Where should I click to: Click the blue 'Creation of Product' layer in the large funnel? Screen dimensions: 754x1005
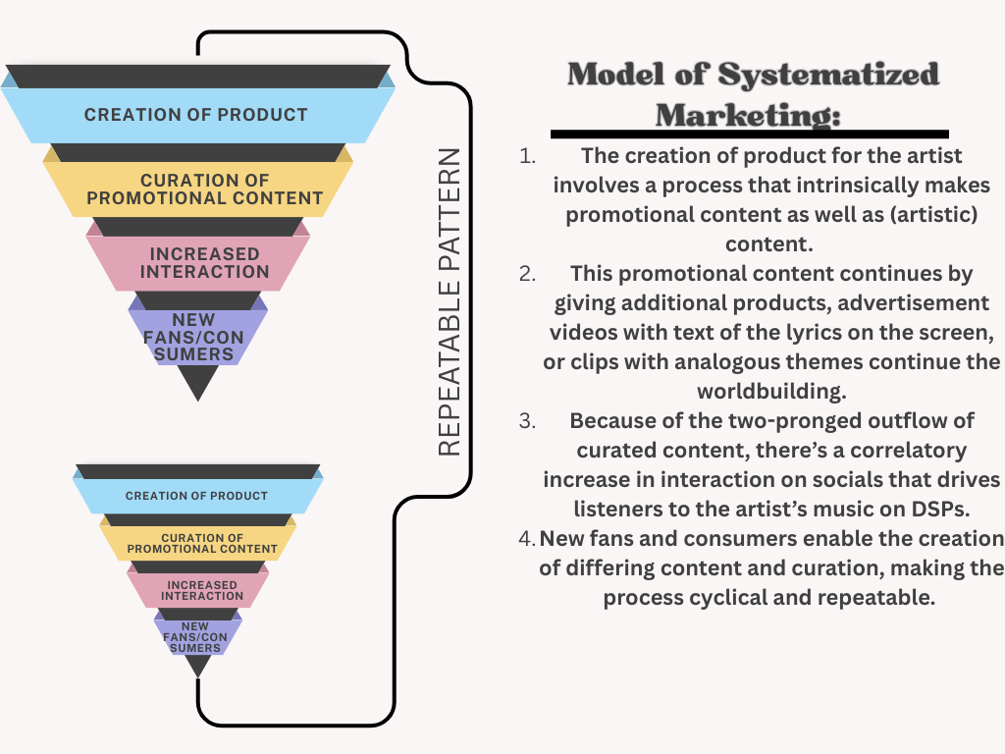[x=196, y=115]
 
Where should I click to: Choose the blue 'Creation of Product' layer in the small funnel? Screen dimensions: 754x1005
[x=196, y=496]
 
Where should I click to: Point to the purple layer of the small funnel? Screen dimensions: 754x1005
[x=196, y=636]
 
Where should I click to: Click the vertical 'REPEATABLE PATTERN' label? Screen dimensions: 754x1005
[x=449, y=302]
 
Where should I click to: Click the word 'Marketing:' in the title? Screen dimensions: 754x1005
[x=748, y=114]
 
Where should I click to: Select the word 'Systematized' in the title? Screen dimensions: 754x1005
[x=828, y=75]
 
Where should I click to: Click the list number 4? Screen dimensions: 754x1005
[x=527, y=539]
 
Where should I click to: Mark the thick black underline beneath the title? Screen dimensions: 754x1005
[x=749, y=134]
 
